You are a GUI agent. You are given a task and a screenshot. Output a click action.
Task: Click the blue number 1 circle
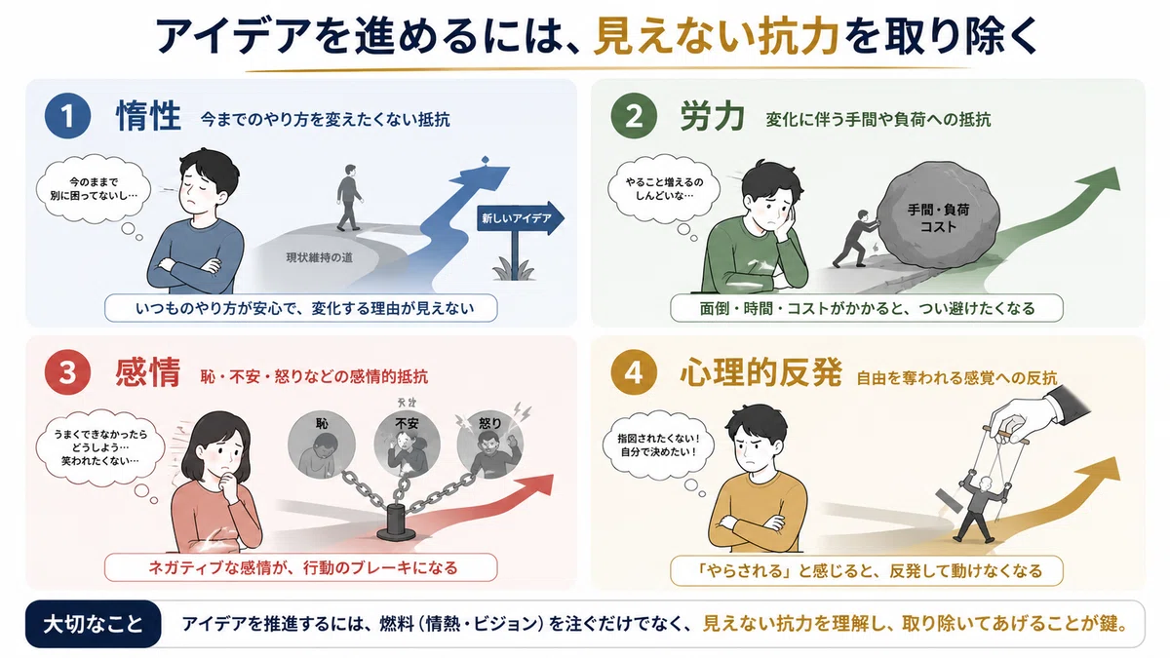67,115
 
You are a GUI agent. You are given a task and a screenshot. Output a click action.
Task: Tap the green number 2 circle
634,115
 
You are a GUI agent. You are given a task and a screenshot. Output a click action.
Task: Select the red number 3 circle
67,372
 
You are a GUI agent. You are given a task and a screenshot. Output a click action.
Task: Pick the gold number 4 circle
634,372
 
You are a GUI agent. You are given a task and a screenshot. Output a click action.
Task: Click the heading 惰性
148,116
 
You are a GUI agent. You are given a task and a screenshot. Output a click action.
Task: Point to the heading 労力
713,116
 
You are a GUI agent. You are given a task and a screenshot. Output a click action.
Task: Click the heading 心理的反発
761,372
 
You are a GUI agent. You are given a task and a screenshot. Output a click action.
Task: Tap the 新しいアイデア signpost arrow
521,217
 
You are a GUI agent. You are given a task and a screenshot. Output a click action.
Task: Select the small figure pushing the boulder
854,239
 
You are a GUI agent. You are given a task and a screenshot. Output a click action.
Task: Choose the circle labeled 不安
407,445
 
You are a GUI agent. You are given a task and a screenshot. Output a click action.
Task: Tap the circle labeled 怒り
489,445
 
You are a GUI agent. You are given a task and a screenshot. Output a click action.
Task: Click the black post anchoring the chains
397,523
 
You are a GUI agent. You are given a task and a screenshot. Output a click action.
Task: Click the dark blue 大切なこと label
93,624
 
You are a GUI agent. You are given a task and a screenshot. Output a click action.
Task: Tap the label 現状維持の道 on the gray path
319,257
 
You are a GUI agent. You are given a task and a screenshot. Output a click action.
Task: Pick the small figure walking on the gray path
349,198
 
